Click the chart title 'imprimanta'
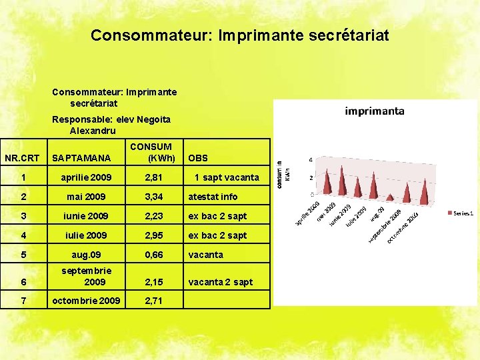point(375,111)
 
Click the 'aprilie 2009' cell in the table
point(87,177)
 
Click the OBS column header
point(198,158)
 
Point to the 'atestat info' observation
point(213,197)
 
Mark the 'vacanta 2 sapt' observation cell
point(221,282)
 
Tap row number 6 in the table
point(24,282)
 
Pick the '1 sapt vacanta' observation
point(227,177)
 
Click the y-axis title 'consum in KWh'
point(283,174)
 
